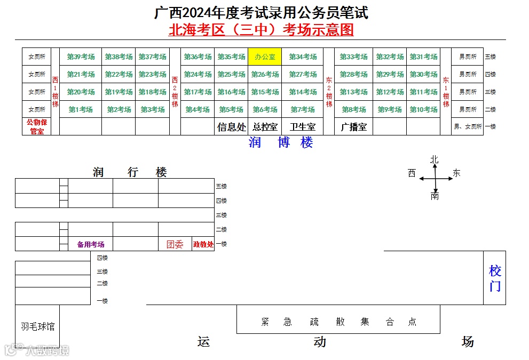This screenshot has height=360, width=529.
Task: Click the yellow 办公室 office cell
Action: click(265, 57)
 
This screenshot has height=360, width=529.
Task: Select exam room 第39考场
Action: click(81, 57)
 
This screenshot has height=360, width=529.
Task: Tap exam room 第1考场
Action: click(81, 109)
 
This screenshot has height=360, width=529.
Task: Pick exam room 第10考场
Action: click(423, 109)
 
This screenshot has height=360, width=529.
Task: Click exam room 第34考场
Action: click(303, 57)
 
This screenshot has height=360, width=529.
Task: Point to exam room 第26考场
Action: click(265, 75)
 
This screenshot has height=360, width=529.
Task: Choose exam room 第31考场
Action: click(423, 57)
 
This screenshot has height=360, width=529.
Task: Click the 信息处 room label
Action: click(232, 127)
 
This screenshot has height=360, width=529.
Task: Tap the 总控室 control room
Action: click(265, 127)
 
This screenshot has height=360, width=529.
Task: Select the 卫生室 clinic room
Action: click(303, 127)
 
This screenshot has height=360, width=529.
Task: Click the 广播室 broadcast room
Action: click(353, 127)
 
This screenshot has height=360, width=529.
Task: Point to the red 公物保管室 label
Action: click(37, 126)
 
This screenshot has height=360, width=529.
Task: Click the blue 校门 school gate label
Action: click(495, 278)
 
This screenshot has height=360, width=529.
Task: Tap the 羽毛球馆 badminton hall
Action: click(37, 326)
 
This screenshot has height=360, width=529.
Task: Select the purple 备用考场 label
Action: click(91, 244)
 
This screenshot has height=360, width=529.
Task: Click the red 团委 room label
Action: click(175, 244)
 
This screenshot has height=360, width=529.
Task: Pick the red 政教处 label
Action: click(203, 244)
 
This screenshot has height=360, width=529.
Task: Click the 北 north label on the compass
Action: click(435, 159)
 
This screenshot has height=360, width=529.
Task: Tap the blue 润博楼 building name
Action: click(281, 142)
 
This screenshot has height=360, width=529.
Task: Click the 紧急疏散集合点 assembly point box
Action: click(338, 322)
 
